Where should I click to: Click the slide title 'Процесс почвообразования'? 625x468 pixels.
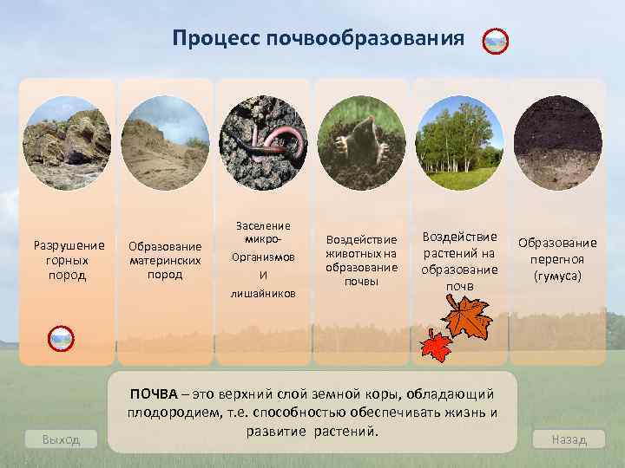(318, 39)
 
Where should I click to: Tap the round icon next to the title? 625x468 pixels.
(495, 41)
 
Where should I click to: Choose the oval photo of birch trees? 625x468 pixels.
(459, 140)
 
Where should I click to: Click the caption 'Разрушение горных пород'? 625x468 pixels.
(68, 259)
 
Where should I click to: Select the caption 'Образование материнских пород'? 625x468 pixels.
(165, 260)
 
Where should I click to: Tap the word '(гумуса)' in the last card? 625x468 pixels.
(557, 276)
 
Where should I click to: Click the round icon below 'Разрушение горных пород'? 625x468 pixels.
(61, 339)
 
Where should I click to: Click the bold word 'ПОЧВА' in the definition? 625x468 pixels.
(151, 394)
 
